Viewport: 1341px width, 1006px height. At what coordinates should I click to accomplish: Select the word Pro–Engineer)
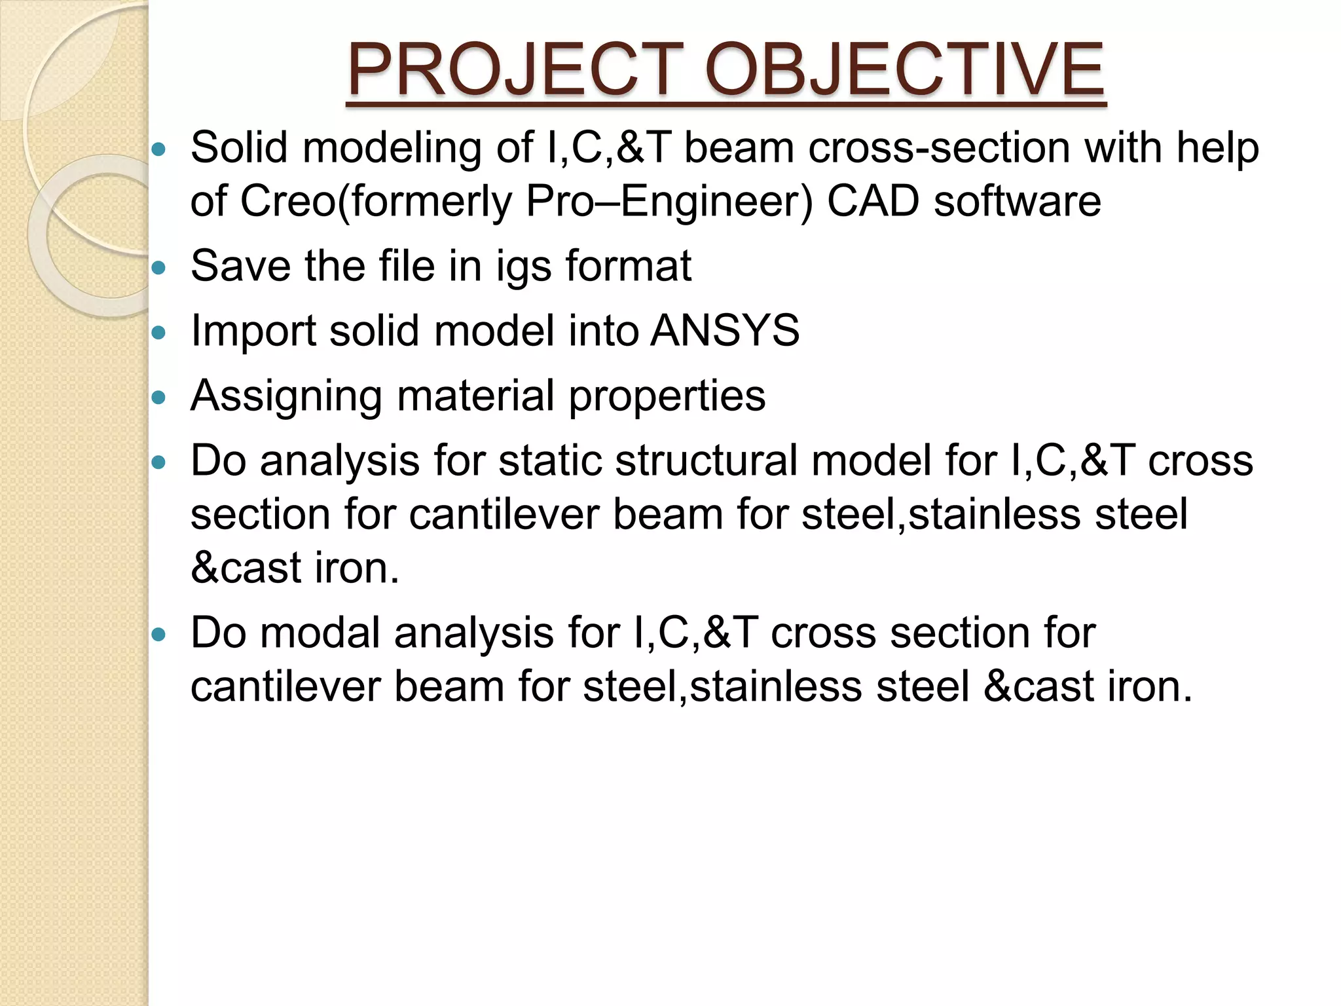[669, 201]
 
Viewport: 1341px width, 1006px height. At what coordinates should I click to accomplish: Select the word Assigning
[286, 397]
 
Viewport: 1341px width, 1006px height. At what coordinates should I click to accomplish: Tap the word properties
[667, 397]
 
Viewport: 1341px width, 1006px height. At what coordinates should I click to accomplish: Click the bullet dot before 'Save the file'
[158, 268]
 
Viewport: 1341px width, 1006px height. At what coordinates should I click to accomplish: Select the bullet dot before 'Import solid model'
[158, 333]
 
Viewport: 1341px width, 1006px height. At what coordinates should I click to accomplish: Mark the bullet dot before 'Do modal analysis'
[158, 635]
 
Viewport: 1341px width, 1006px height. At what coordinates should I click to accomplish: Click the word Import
[253, 331]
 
